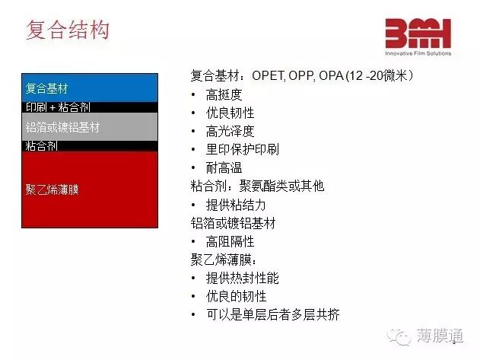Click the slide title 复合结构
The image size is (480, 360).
[68, 30]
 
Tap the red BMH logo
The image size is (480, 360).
[418, 33]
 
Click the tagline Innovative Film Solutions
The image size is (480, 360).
[418, 53]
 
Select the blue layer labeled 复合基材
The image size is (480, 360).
[90, 88]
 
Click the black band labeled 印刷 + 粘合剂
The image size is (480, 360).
[90, 107]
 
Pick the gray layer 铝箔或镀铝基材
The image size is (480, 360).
[90, 127]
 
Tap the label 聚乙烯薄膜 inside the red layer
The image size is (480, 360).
[52, 190]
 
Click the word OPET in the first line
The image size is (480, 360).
[268, 75]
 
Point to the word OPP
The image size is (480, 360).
[301, 75]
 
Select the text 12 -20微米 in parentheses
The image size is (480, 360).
[378, 75]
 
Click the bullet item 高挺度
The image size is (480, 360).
[224, 94]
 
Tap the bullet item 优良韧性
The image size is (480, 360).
[230, 113]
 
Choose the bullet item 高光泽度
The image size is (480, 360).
[230, 132]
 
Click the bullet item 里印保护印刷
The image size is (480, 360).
[243, 149]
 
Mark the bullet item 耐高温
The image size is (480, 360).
[224, 168]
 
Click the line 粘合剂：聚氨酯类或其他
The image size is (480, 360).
[257, 186]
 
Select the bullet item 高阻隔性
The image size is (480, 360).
[230, 241]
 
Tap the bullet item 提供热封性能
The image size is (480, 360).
[243, 279]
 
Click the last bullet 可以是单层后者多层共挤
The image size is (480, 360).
[273, 314]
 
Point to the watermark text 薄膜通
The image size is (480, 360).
[440, 336]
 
